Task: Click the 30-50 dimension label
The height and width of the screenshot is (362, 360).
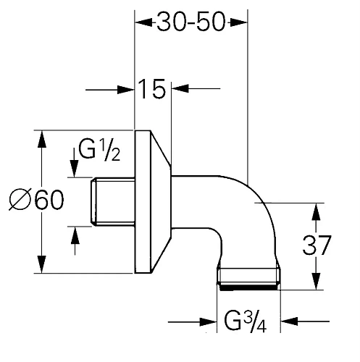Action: tap(191, 22)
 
